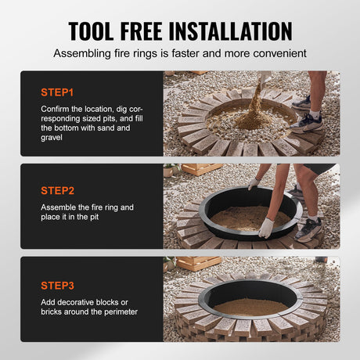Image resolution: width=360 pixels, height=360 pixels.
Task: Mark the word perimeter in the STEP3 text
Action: click(115, 311)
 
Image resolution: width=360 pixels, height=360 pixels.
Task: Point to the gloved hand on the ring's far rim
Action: click(254, 183)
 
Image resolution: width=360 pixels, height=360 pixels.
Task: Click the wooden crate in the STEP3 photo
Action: click(199, 263)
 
